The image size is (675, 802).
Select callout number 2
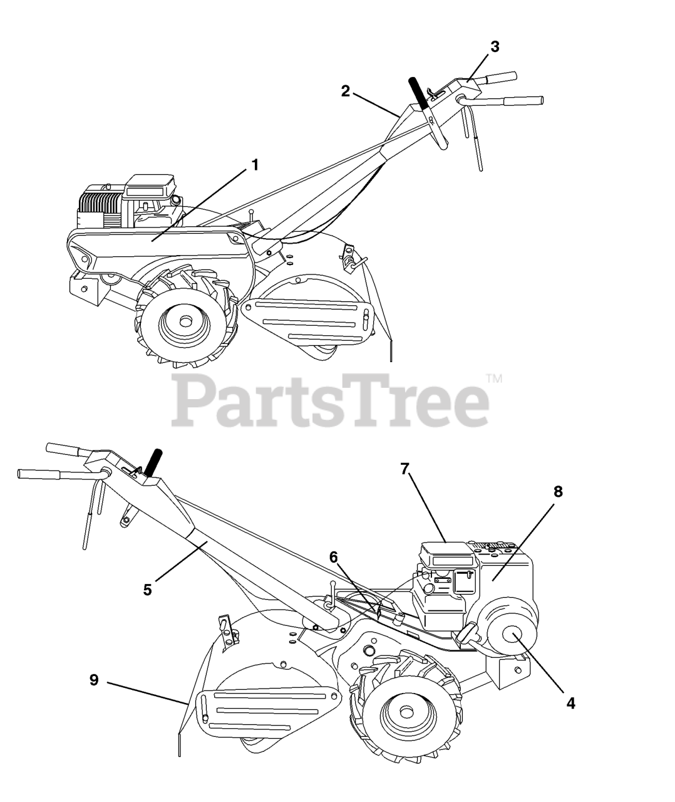[x=345, y=91]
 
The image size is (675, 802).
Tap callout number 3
[x=495, y=46]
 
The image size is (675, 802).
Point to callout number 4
[x=570, y=703]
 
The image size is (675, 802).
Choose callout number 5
[x=147, y=590]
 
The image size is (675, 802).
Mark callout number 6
[x=333, y=556]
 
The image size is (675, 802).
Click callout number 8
[x=557, y=492]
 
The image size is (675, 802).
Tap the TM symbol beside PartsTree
[x=494, y=378]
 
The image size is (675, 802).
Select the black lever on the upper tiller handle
[x=417, y=92]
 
